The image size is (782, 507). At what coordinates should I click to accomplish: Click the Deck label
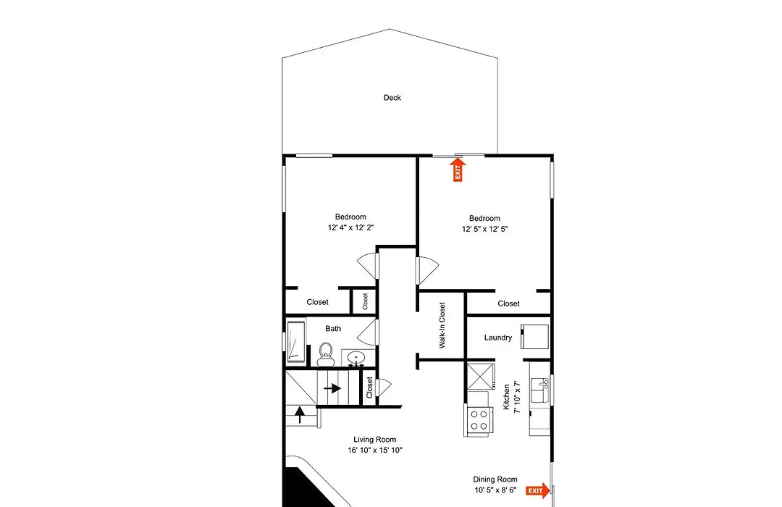392,98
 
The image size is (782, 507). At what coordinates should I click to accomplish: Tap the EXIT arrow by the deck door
458,169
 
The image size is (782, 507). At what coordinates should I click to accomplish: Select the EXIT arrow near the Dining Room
538,490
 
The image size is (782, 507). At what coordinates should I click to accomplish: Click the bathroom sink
356,359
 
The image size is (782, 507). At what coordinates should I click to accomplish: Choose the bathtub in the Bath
295,341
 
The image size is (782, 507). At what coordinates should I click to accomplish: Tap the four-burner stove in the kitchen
479,419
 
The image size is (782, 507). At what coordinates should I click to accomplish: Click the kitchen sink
540,390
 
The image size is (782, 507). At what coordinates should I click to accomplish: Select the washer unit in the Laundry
534,336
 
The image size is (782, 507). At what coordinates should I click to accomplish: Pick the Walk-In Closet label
442,325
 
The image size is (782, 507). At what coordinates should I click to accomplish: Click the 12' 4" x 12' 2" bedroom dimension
350,227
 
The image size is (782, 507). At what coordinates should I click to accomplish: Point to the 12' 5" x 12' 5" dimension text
484,229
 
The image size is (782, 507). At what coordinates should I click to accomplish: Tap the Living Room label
375,440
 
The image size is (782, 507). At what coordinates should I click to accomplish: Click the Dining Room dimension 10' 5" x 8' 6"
495,490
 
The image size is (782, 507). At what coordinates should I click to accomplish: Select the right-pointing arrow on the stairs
332,387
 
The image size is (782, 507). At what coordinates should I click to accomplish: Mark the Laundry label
498,338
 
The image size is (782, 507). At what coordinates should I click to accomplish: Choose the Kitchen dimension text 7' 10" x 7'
517,397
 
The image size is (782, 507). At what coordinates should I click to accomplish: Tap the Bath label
333,328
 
